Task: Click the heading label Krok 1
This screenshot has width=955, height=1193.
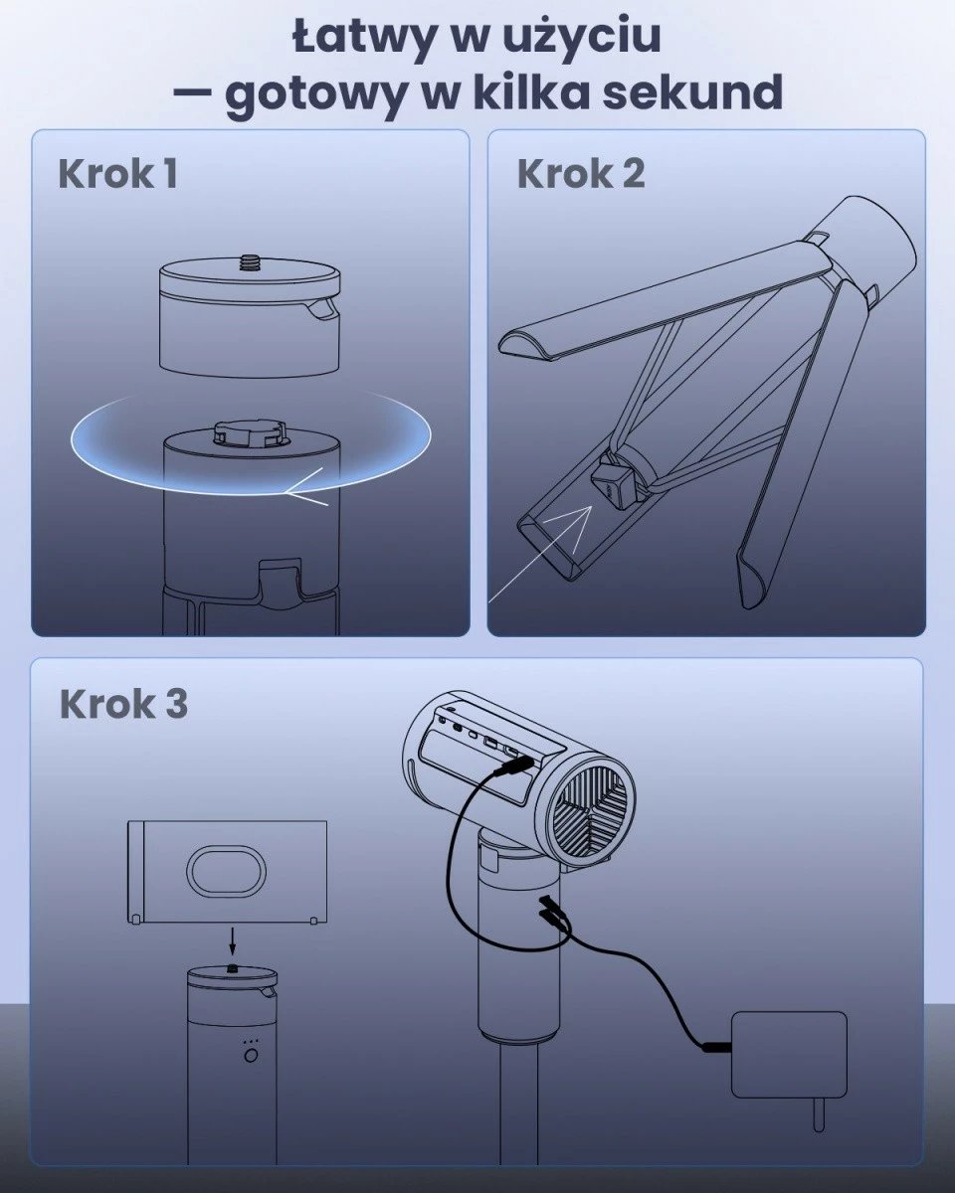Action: (117, 173)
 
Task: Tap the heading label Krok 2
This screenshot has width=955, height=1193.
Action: (581, 173)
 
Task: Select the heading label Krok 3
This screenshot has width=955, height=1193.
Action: (123, 704)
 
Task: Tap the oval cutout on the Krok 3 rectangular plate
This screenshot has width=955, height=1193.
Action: (228, 872)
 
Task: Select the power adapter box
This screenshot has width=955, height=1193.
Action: (789, 1055)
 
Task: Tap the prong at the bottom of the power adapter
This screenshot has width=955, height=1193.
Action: (818, 1114)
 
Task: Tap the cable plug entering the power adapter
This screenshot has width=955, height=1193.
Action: (717, 1047)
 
